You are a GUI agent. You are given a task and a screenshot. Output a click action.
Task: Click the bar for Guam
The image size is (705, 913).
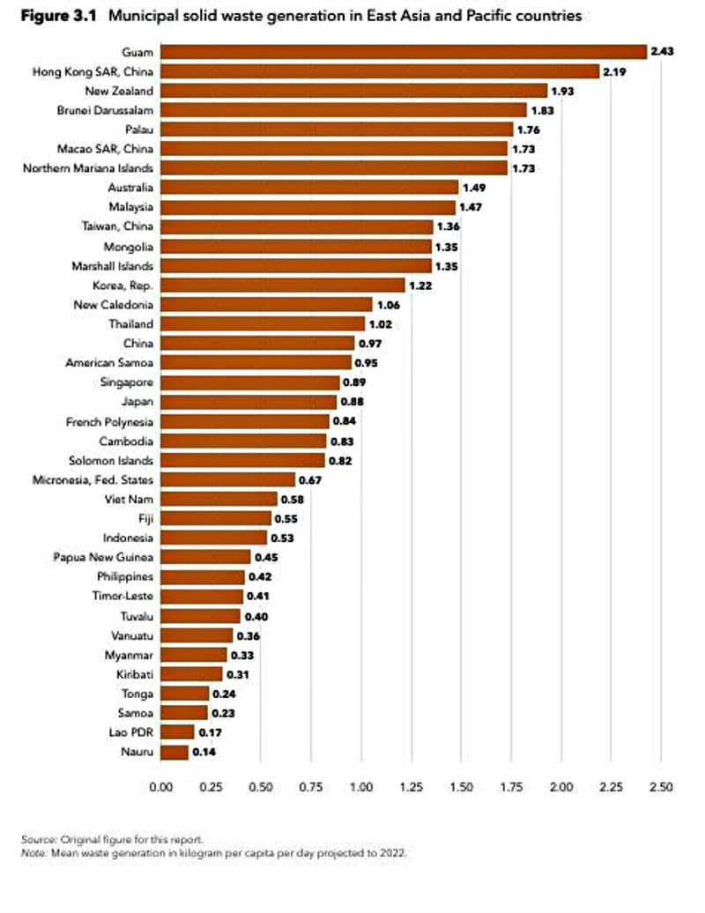click(x=404, y=52)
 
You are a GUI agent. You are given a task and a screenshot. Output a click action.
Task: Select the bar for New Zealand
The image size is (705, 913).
click(x=354, y=91)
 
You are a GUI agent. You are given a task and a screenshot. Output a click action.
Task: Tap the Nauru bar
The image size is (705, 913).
click(x=174, y=752)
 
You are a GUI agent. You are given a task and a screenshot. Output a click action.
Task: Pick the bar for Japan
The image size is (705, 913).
click(x=249, y=402)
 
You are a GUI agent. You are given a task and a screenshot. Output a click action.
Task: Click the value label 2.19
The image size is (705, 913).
click(x=614, y=71)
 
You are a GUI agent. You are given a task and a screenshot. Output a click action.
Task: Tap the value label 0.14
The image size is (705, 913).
click(x=204, y=752)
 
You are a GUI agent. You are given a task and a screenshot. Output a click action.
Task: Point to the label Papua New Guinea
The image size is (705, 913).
click(x=103, y=557)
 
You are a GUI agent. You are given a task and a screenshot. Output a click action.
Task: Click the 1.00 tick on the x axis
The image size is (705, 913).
click(x=361, y=786)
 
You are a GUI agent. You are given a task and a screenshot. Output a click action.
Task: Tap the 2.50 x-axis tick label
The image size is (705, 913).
click(x=661, y=786)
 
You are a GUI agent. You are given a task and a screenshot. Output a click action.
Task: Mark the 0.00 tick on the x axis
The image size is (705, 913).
click(x=161, y=786)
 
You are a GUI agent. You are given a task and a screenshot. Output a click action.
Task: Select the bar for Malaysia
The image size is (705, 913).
click(x=308, y=207)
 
